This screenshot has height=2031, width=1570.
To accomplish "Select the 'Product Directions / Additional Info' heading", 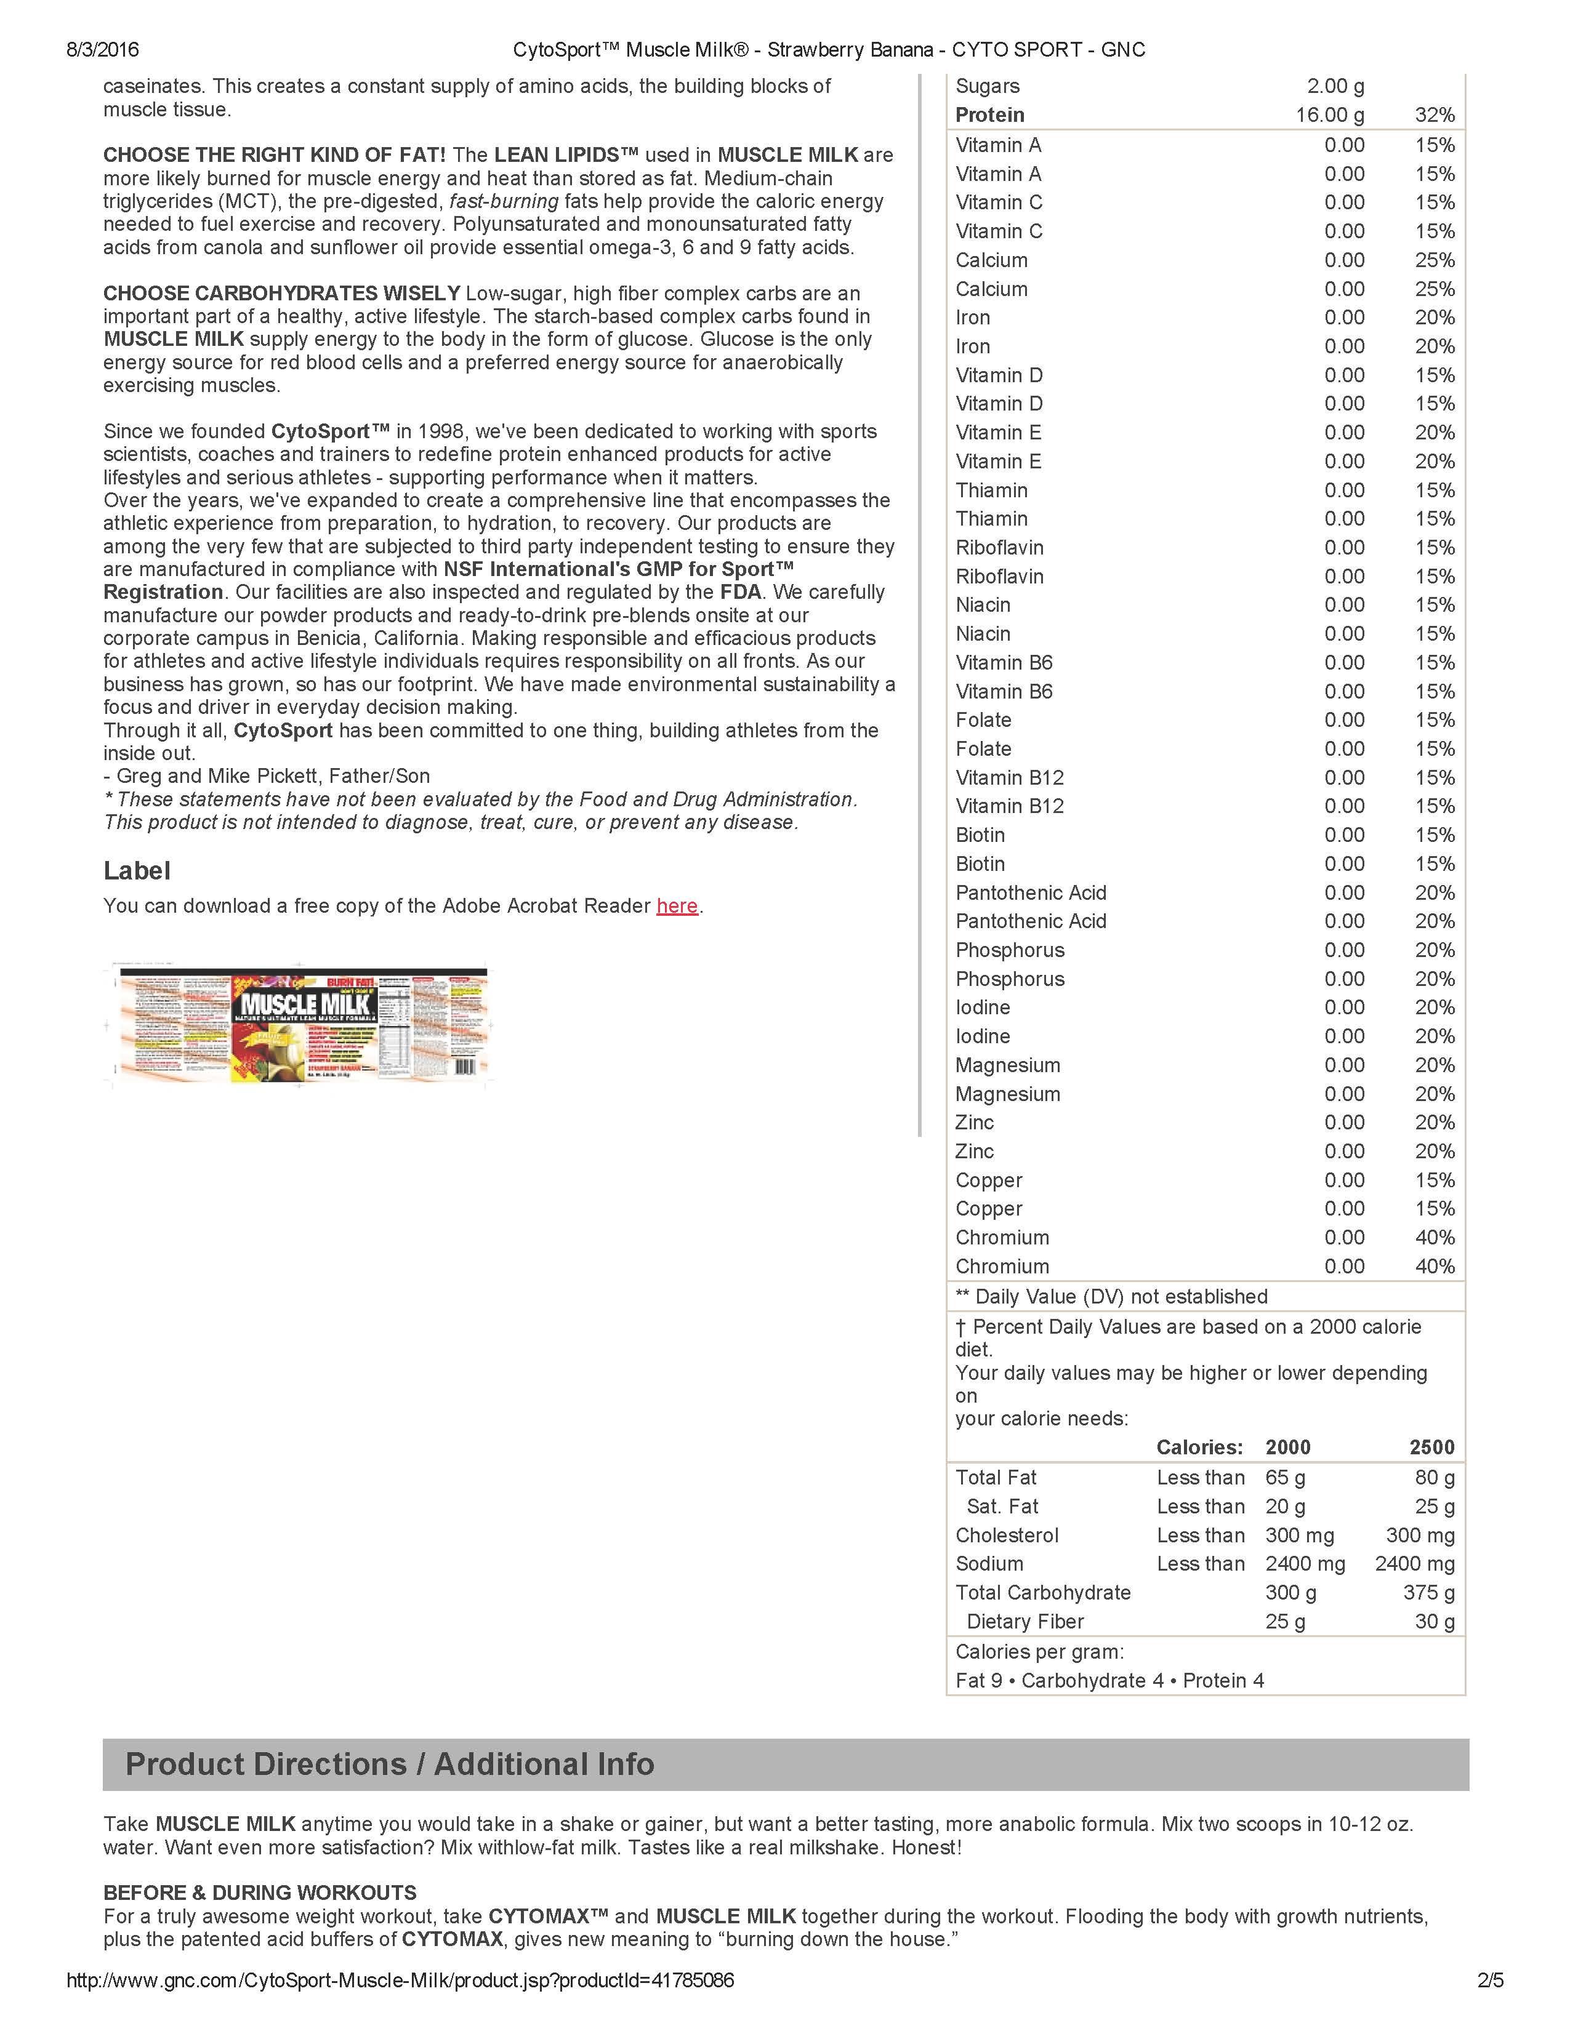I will point(390,1764).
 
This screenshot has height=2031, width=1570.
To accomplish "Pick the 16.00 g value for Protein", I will point(1330,115).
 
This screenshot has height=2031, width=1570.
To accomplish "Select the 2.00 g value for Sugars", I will point(1335,87).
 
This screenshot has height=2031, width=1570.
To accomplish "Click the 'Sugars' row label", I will point(987,87).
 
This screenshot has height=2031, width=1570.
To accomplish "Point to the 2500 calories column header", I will point(1431,1447).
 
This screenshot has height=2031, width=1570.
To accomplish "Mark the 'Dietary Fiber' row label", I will point(1025,1621).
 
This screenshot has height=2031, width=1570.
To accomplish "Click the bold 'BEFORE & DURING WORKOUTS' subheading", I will point(259,1893).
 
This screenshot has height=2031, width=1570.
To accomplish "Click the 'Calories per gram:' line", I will point(1039,1652).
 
